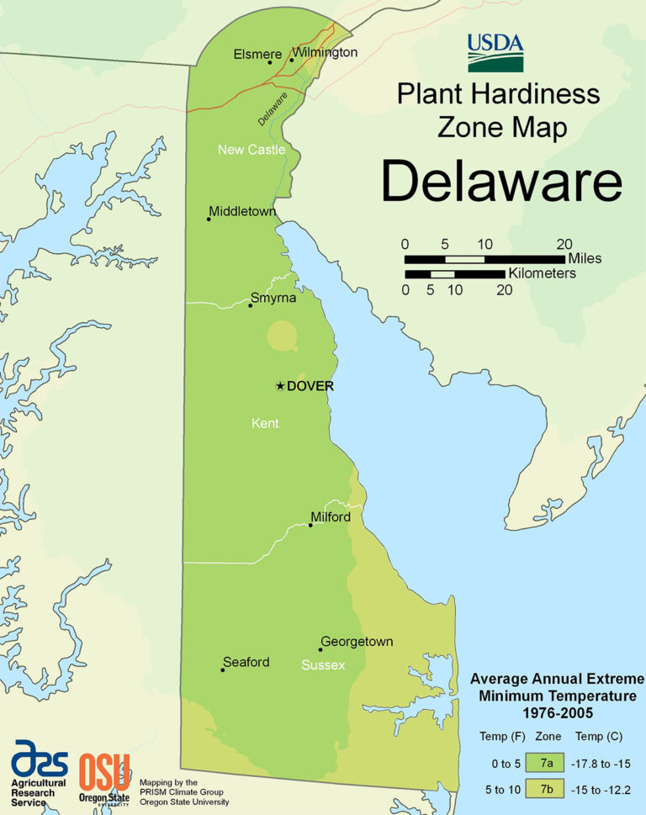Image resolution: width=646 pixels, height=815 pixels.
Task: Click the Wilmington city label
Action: (x=325, y=52)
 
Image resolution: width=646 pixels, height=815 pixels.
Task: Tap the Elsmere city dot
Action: (x=270, y=62)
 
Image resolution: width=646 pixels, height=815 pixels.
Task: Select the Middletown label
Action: (x=242, y=211)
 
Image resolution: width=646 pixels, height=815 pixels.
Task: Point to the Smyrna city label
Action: (x=273, y=298)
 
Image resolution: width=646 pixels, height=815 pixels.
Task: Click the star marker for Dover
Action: (x=280, y=386)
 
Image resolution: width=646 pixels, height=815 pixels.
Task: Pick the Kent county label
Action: (x=265, y=423)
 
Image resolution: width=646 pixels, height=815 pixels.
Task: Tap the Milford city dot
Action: (x=310, y=525)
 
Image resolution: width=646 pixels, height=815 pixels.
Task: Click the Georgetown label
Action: (x=356, y=642)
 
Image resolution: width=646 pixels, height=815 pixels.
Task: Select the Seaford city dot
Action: (x=223, y=669)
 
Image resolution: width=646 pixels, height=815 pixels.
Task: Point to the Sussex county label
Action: (x=323, y=665)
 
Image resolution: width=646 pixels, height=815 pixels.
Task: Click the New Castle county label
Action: (x=252, y=150)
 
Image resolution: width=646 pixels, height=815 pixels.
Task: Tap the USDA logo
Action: (x=495, y=52)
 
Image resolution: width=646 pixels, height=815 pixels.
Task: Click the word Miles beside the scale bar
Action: (x=585, y=258)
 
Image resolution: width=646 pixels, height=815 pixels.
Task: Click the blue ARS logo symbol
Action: (x=39, y=759)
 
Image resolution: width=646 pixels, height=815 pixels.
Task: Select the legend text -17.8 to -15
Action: (x=601, y=763)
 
